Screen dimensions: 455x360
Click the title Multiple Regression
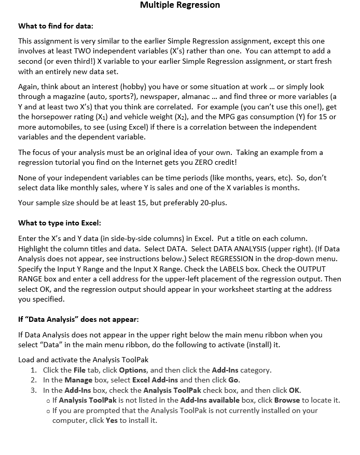180,5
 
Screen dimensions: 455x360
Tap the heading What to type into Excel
60,223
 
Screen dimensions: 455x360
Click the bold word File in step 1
79,370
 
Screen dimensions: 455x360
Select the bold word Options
133,370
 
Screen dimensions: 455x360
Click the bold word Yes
112,420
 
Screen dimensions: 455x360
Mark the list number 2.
33,380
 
